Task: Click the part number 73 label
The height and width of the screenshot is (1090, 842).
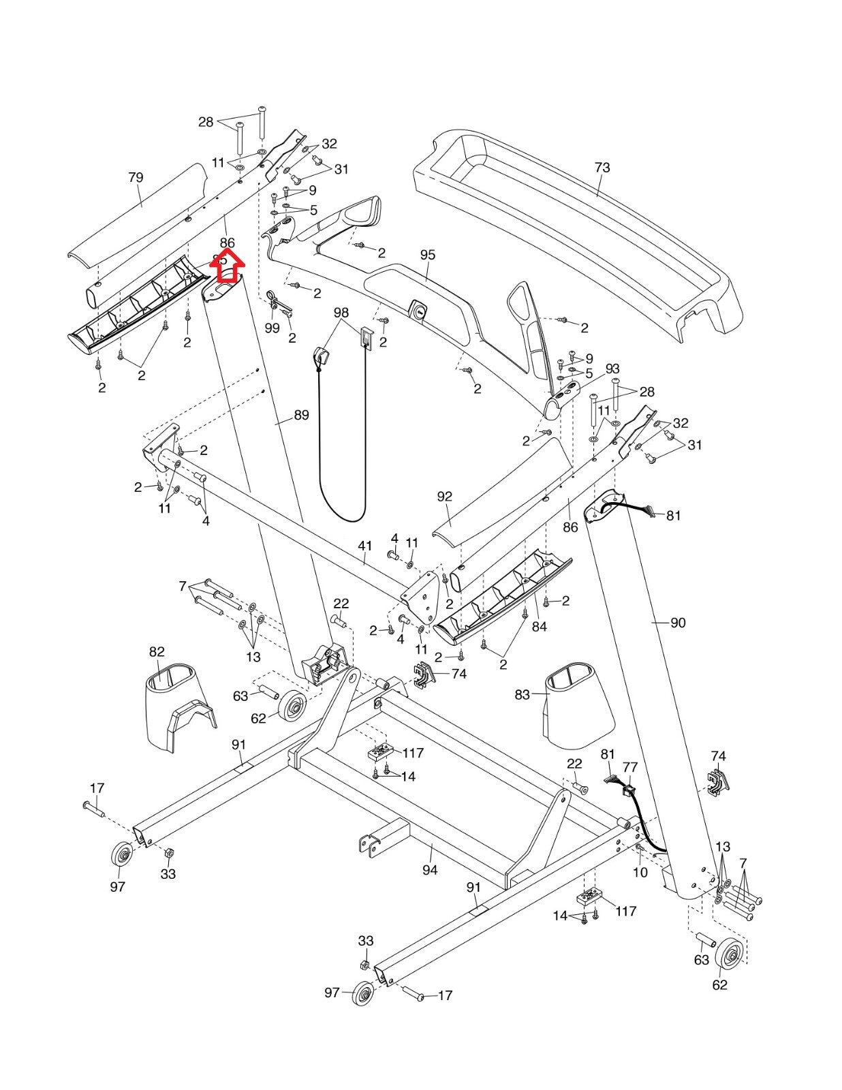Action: pyautogui.click(x=602, y=168)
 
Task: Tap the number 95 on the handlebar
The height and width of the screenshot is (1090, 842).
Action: pyautogui.click(x=427, y=255)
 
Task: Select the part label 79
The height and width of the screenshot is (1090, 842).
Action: pyautogui.click(x=136, y=178)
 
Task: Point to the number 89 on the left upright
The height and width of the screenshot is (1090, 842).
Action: pyautogui.click(x=301, y=415)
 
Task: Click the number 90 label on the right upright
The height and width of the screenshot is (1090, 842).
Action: pyautogui.click(x=678, y=623)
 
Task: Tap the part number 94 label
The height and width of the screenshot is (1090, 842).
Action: pyautogui.click(x=430, y=870)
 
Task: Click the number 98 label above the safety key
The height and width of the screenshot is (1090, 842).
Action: pyautogui.click(x=341, y=312)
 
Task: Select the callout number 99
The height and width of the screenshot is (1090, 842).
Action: pyautogui.click(x=272, y=328)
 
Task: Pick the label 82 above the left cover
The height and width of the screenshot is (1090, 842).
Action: pyautogui.click(x=157, y=652)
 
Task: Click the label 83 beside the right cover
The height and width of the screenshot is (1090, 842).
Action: pyautogui.click(x=523, y=695)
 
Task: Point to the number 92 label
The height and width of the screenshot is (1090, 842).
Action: pyautogui.click(x=444, y=497)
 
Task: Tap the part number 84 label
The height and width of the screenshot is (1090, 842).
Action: pyautogui.click(x=539, y=626)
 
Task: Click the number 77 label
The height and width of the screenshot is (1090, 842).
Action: pyautogui.click(x=630, y=768)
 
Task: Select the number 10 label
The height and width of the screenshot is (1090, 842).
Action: pyautogui.click(x=640, y=872)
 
